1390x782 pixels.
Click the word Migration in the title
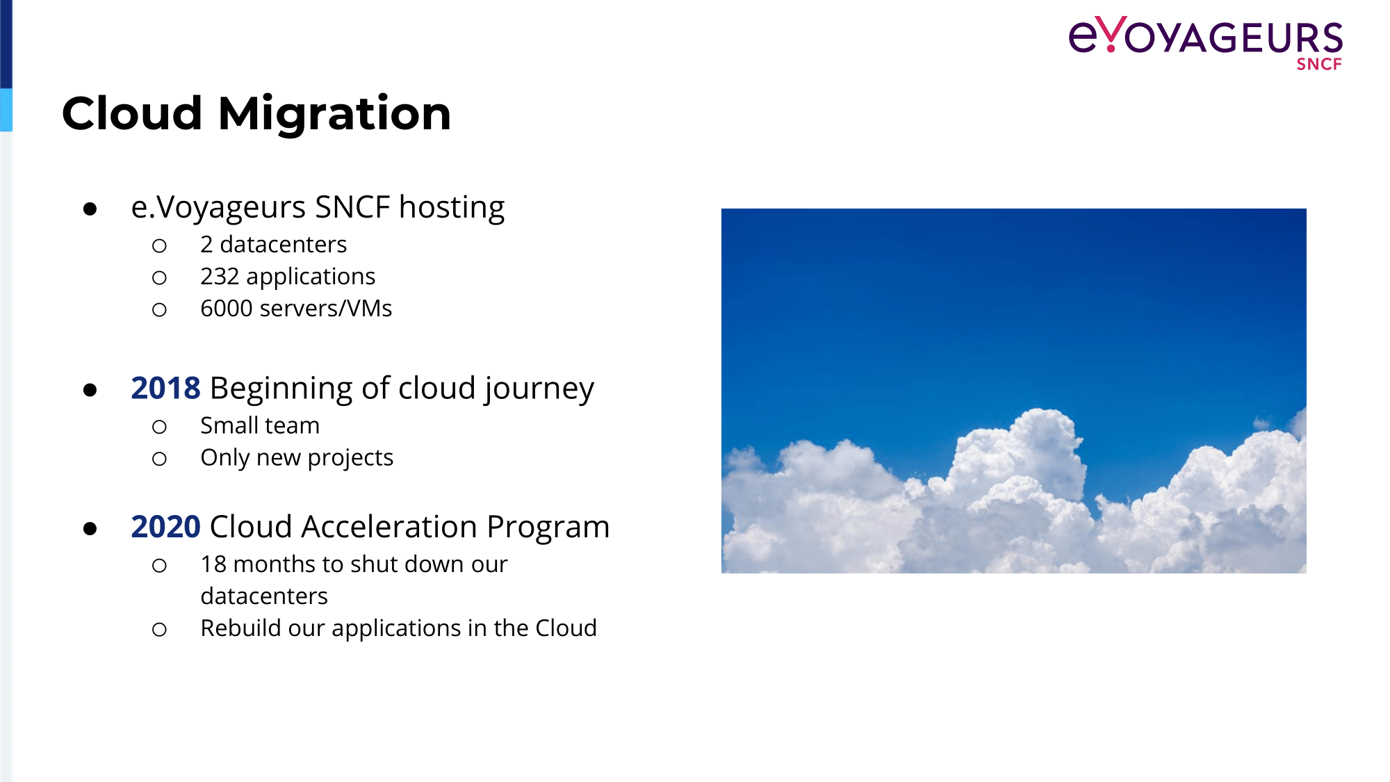coord(334,113)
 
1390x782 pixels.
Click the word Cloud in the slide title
coord(132,113)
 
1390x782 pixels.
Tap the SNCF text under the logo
coord(1319,64)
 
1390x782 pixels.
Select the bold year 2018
coord(165,388)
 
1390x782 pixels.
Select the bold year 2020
coord(165,527)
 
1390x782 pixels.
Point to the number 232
coord(220,277)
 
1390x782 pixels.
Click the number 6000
coord(226,309)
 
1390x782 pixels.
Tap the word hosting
coord(452,208)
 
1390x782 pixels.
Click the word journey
coord(539,389)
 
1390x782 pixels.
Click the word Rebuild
coord(241,628)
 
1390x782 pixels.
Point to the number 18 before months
coord(213,564)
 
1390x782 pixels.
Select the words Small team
coord(260,425)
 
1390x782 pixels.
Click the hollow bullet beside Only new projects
coord(159,459)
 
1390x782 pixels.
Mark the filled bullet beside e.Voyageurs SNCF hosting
coord(90,209)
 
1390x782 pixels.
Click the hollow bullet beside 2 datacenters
coord(159,246)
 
